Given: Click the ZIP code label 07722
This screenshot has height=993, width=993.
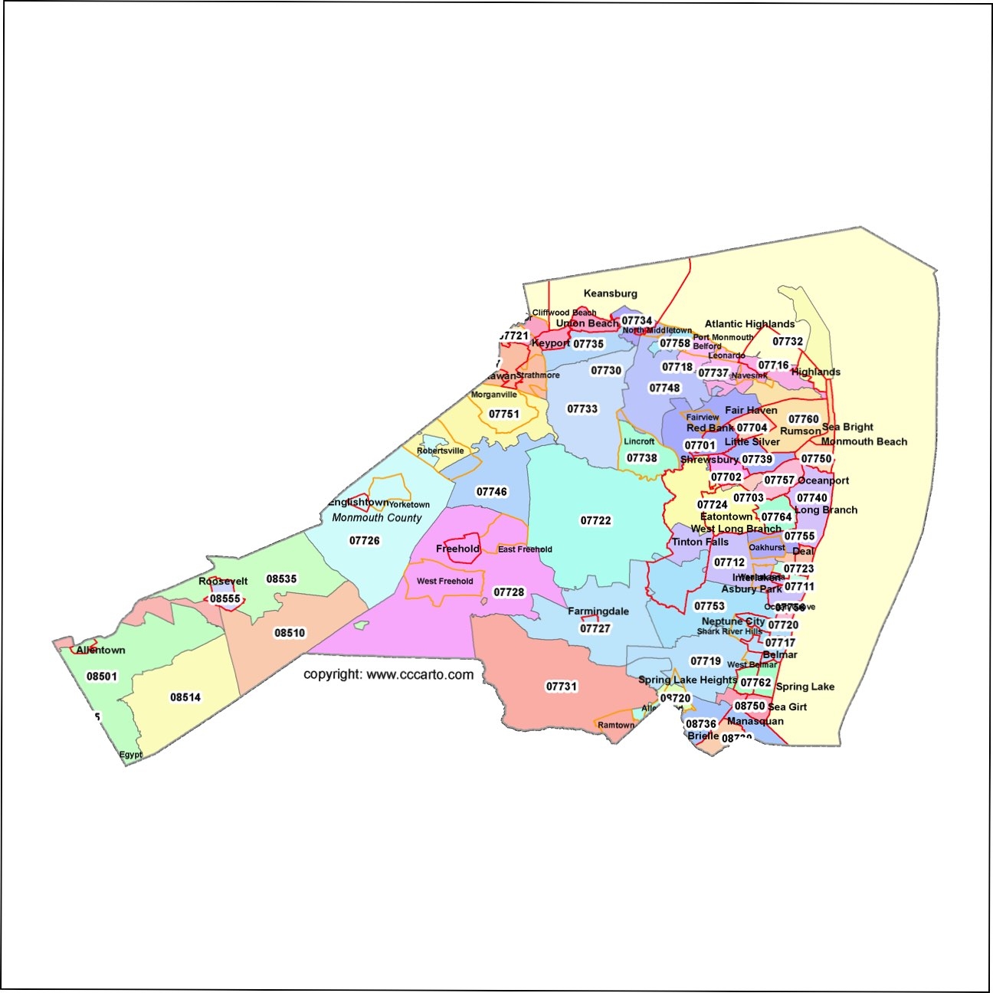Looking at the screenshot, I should click(x=596, y=521).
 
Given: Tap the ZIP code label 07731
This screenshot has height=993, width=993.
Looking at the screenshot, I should click(x=562, y=687).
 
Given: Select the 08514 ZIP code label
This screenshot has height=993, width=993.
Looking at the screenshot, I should click(x=185, y=697).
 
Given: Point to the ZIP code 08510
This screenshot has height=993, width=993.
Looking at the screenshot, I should click(x=290, y=633).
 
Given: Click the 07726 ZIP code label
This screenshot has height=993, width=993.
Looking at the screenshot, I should click(x=365, y=541).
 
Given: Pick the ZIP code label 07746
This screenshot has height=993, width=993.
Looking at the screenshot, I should click(x=492, y=492).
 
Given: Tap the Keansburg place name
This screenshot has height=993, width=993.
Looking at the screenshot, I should click(x=610, y=293).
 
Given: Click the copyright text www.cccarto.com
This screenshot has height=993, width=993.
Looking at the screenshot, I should click(x=388, y=675).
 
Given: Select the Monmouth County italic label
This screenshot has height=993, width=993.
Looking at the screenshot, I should click(x=377, y=518).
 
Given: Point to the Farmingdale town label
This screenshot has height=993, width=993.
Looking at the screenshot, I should click(x=598, y=611).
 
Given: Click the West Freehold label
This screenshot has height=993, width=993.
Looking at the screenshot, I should click(x=445, y=582).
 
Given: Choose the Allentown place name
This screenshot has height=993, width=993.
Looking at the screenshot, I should click(x=100, y=651).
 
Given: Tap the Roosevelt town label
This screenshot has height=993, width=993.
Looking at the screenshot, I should click(x=223, y=582).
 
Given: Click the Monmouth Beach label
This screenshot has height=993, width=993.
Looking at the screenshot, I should click(x=864, y=442).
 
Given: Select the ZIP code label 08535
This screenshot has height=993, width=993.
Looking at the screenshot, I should click(x=281, y=579).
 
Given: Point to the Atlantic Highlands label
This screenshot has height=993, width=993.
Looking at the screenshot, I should click(x=749, y=324).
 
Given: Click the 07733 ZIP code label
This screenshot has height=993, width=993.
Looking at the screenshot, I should click(x=582, y=409).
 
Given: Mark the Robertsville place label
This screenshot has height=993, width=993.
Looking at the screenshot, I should click(x=441, y=451).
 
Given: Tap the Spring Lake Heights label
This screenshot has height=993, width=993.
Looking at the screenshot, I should click(x=687, y=680).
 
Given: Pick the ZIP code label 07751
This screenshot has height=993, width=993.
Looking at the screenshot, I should click(x=504, y=415).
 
